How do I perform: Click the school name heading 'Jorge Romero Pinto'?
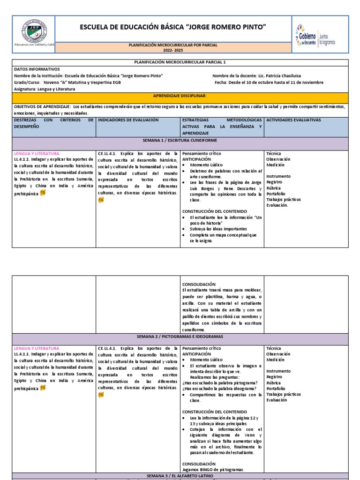click(173, 28)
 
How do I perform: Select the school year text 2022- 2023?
click(173, 49)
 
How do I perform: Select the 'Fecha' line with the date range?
click(269, 82)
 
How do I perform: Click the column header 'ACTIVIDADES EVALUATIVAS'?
click(293, 120)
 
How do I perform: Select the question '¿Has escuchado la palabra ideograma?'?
click(219, 389)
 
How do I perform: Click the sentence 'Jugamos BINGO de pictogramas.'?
click(213, 469)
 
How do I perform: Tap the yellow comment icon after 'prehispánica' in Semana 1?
click(43, 192)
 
